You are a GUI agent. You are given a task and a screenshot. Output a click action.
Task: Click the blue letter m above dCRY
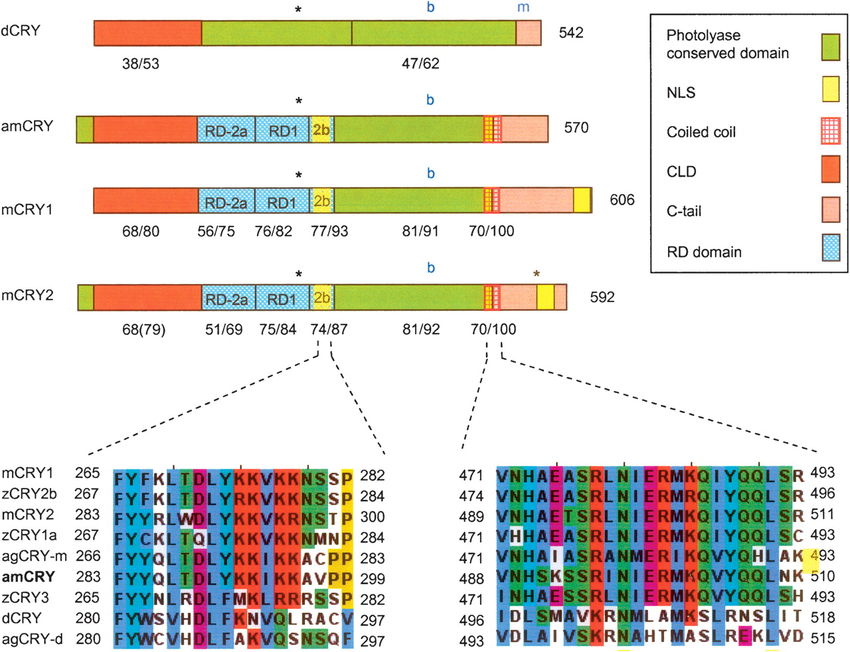point(523,8)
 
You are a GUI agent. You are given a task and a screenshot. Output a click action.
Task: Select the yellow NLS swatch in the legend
point(831,89)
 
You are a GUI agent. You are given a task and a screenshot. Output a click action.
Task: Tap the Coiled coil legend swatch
point(831,129)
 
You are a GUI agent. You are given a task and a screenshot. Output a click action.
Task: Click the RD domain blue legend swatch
point(831,248)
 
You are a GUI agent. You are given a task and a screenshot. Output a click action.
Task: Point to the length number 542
point(571,33)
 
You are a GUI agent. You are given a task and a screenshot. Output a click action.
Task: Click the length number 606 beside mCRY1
point(622,200)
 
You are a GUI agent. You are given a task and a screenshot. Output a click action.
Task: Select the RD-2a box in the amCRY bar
point(226,131)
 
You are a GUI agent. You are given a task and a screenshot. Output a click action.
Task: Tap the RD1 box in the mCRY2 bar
point(282,299)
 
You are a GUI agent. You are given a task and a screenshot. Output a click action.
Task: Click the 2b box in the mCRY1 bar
point(322,201)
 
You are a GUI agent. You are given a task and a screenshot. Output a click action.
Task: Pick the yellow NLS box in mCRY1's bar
point(582,200)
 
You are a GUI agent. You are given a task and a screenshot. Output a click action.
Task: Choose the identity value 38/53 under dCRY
point(141,64)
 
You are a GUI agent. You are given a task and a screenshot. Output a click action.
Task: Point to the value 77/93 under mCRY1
point(329,231)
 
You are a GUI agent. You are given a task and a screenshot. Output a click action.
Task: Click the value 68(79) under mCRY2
point(143,329)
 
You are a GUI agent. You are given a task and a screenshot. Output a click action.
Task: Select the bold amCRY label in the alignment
point(29,576)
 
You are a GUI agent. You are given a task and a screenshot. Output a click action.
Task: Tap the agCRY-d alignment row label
point(32,639)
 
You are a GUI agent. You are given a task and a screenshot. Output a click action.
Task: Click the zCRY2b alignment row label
point(31,494)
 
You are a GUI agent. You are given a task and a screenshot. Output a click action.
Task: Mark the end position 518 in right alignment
point(823,617)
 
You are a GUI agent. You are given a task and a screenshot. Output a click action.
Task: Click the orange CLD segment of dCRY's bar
point(147,33)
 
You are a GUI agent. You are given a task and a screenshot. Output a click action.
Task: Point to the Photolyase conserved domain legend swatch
point(831,47)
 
